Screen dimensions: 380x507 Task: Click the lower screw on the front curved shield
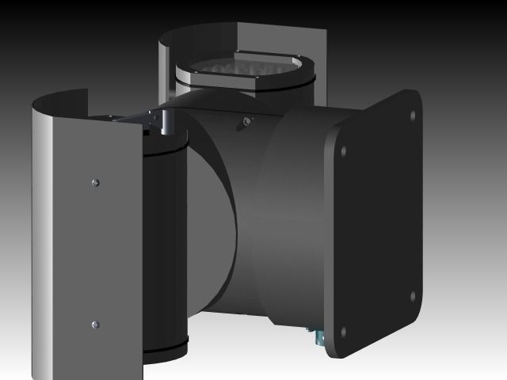click(x=95, y=324)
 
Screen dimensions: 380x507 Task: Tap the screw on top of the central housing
click(x=247, y=121)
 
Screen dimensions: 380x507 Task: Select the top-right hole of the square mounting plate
click(x=412, y=116)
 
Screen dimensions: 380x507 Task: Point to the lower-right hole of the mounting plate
click(x=413, y=297)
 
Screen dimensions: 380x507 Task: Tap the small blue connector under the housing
click(x=318, y=338)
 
